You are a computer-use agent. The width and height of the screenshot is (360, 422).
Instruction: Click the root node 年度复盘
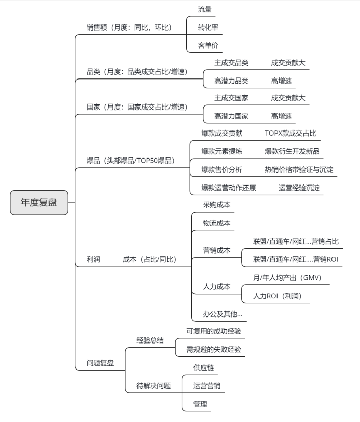tap(39, 202)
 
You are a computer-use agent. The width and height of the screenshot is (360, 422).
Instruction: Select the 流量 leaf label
tap(205, 9)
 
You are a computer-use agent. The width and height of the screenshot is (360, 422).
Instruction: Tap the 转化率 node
tap(208, 28)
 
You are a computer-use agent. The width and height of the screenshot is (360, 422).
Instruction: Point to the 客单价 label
tap(208, 45)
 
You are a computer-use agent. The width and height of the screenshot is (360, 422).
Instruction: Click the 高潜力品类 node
tap(231, 81)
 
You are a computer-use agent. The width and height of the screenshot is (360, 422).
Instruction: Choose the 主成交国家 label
tap(231, 98)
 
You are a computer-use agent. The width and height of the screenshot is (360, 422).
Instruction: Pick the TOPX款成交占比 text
tap(291, 133)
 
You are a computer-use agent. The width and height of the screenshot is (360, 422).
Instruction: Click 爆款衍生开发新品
tap(292, 151)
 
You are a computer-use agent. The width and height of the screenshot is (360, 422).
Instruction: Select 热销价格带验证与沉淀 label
tap(299, 170)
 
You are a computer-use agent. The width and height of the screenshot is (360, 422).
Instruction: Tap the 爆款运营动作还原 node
tap(229, 188)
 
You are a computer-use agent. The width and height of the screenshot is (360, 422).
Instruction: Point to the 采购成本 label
tap(217, 205)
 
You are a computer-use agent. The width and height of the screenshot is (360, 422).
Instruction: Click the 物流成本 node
tap(217, 223)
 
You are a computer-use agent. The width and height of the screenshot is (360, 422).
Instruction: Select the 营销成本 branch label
tap(217, 251)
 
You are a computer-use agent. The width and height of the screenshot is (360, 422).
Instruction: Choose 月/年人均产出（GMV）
tap(287, 278)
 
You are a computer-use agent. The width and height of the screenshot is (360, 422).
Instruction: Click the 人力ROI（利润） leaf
tap(278, 296)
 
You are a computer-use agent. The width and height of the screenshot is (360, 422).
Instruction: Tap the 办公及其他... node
tap(223, 314)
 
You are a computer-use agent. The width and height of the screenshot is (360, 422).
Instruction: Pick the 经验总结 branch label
tap(150, 340)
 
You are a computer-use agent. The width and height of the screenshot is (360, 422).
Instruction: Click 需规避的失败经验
tap(214, 350)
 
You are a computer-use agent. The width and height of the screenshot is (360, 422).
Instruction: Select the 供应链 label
tap(204, 367)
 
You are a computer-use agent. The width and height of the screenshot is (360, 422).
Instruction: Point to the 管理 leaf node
tap(200, 404)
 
